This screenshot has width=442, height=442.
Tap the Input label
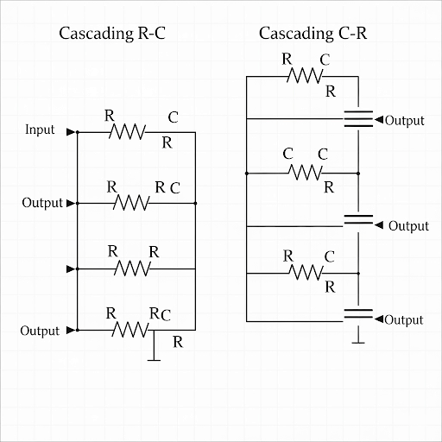pyautogui.click(x=40, y=130)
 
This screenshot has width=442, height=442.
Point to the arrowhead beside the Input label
pyautogui.click(x=71, y=132)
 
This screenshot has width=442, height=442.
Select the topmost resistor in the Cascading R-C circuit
pyautogui.click(x=127, y=132)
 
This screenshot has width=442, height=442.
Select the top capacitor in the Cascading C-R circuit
pyautogui.click(x=357, y=119)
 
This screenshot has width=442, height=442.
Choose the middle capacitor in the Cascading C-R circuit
pyautogui.click(x=357, y=219)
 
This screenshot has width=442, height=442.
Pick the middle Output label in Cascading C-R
pyautogui.click(x=408, y=226)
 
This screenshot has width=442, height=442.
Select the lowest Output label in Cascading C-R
pyautogui.click(x=404, y=320)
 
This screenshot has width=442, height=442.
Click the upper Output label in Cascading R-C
pyautogui.click(x=41, y=204)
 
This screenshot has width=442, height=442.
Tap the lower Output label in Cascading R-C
pyautogui.click(x=40, y=331)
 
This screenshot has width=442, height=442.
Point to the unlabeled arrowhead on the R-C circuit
pyautogui.click(x=71, y=269)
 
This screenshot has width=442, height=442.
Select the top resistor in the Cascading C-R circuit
pyautogui.click(x=304, y=76)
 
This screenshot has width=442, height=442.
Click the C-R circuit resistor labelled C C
pyautogui.click(x=306, y=173)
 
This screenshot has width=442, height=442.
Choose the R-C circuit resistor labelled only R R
pyautogui.click(x=131, y=268)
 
